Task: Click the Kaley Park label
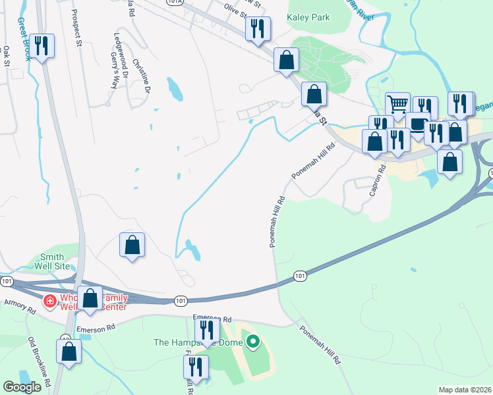308,18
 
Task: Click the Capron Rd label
381,182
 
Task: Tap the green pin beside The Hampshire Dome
252,342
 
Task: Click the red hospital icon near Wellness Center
49,302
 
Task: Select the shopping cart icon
397,103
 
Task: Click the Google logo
21,387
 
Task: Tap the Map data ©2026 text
465,390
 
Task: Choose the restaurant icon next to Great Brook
42,45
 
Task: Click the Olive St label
235,9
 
